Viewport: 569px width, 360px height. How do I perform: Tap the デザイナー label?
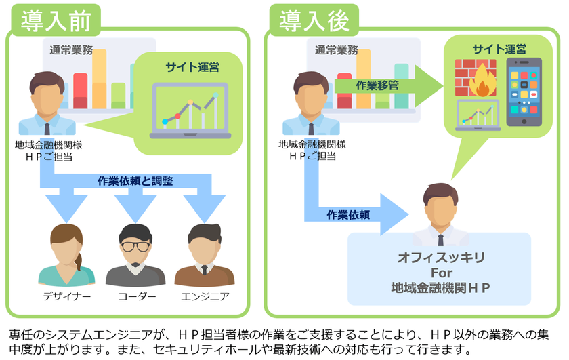[x=66, y=297]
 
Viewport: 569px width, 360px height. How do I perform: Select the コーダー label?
[x=135, y=297]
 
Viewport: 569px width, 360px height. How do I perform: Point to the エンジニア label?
[x=205, y=297]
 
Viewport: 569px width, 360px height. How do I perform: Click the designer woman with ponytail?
[x=66, y=255]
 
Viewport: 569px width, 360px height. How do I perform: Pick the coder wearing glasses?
[x=135, y=255]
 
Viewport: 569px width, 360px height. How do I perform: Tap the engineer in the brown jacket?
[x=204, y=255]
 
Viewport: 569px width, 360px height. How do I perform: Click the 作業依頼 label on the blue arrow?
[x=348, y=214]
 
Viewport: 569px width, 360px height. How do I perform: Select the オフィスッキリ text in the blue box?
[x=440, y=258]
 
